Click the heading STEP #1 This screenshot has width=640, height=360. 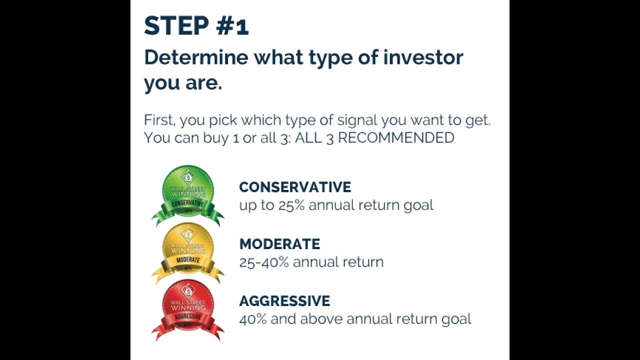[196, 25]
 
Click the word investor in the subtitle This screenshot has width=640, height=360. [423, 57]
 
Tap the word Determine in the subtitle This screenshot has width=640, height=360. [196, 57]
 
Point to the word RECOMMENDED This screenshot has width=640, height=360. [396, 137]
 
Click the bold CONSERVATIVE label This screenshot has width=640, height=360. [295, 187]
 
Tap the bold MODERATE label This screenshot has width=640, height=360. [279, 244]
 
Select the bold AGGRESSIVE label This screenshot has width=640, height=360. [284, 301]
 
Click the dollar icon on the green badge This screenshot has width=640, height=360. [188, 175]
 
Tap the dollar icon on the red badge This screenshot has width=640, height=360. [188, 289]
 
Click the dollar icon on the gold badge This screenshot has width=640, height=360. [188, 232]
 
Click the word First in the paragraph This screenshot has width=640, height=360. [158, 120]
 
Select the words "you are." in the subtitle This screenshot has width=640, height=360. [182, 83]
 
